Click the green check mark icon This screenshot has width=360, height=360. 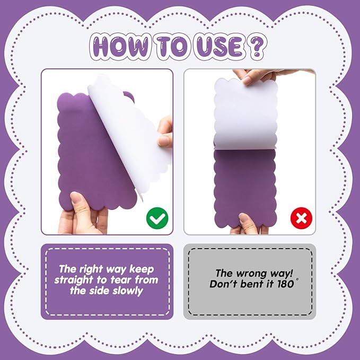tap(157, 218)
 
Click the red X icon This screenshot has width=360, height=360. tap(301, 218)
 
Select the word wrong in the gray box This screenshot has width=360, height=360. tap(251, 274)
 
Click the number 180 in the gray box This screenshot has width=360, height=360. tap(286, 284)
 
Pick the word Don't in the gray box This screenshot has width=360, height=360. tap(221, 284)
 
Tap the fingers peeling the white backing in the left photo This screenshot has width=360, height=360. tap(165, 133)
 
